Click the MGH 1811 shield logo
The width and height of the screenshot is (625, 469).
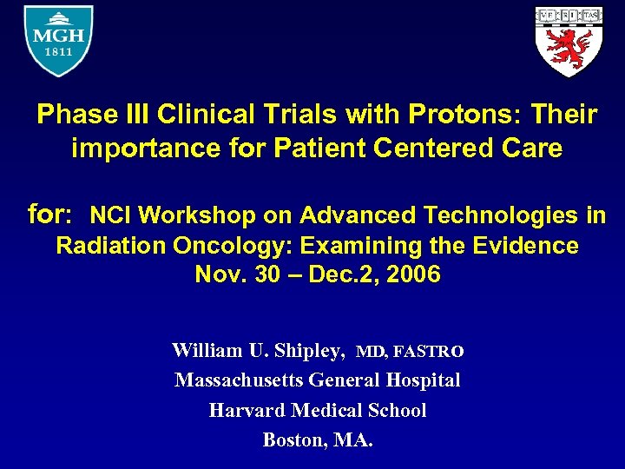point(58,41)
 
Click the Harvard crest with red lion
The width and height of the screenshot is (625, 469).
point(567,41)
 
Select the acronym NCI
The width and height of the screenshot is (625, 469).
point(113,215)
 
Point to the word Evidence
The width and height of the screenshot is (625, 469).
point(525,246)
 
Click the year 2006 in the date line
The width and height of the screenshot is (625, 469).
point(415,275)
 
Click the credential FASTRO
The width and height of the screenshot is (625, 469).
point(429,352)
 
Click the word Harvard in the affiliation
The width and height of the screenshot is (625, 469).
point(246,410)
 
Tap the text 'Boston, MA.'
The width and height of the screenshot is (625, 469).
point(318,439)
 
